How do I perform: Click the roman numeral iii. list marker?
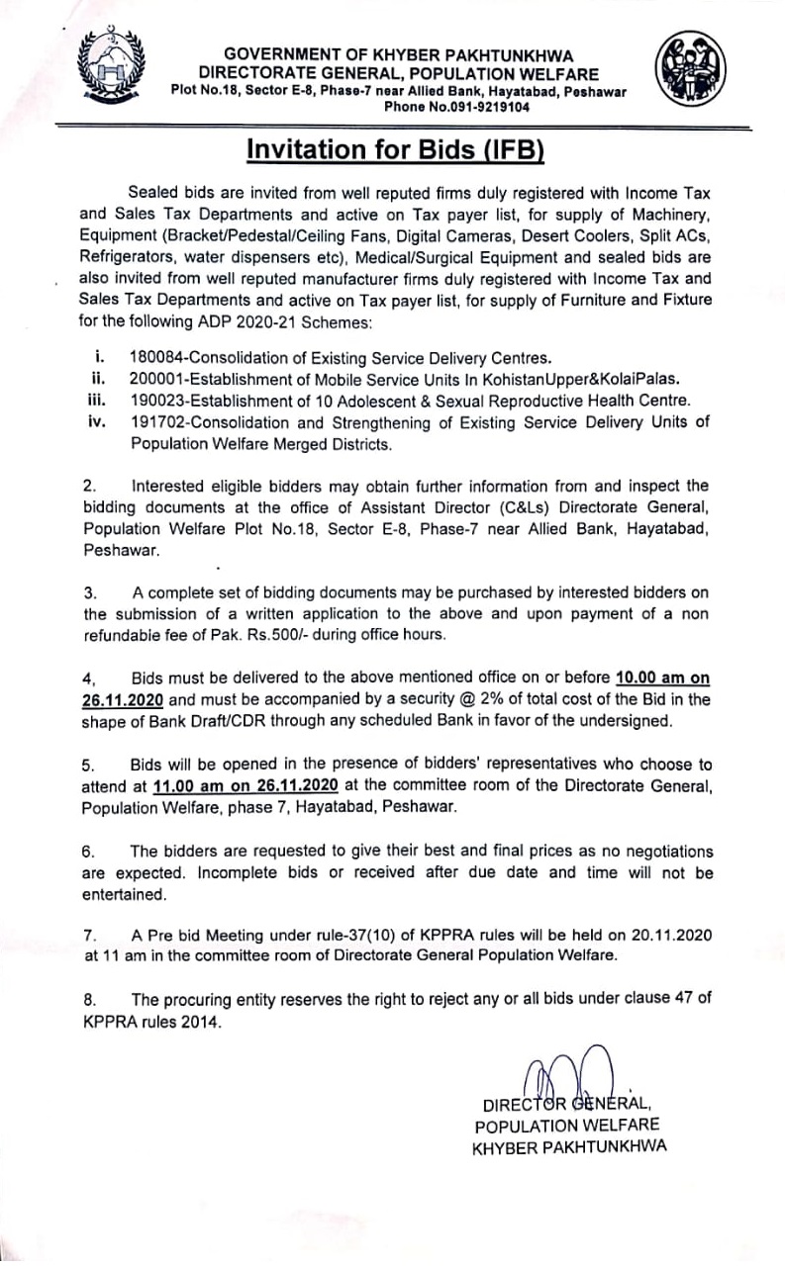[x=96, y=401]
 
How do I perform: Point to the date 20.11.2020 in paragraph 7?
[x=668, y=935]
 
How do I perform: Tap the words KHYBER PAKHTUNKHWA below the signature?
[x=570, y=1146]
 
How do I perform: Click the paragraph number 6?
[x=88, y=851]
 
